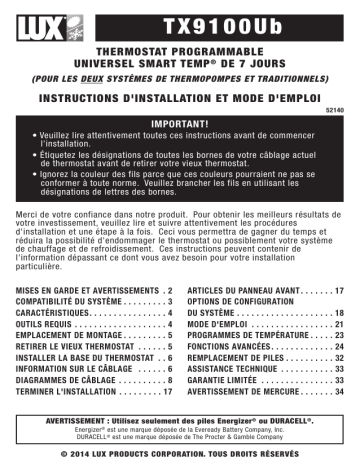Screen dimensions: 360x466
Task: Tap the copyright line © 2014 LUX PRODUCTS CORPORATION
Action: point(180,455)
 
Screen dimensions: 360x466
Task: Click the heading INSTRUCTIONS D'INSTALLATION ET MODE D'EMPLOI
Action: point(180,100)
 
